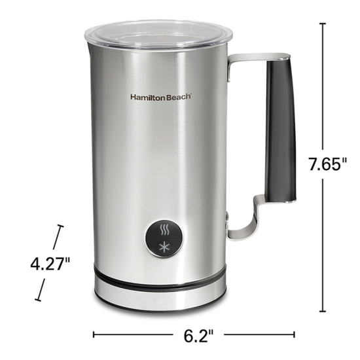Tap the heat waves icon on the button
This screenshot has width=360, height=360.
(x=164, y=230)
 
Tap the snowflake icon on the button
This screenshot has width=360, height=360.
(x=164, y=245)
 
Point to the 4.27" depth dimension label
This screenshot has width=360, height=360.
(x=50, y=264)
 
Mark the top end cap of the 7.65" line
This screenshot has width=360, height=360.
(x=323, y=23)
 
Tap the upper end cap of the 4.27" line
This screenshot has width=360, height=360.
(x=61, y=227)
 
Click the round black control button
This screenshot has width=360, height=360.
(x=164, y=238)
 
